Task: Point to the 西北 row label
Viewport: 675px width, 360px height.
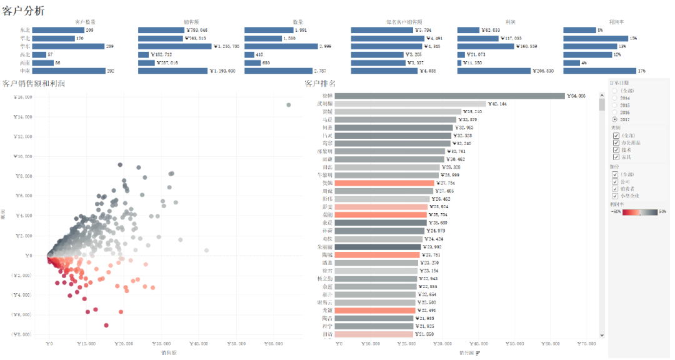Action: [x=25, y=54]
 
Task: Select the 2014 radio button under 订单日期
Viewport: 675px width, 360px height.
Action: [x=615, y=98]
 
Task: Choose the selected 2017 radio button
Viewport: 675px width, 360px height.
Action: [x=615, y=119]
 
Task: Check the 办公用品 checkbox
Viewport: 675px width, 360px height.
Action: [x=616, y=142]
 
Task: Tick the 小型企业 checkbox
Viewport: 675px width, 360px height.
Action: [x=616, y=196]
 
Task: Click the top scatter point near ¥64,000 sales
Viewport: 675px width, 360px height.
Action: [x=288, y=105]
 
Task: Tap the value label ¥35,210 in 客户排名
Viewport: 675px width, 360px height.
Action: [x=471, y=111]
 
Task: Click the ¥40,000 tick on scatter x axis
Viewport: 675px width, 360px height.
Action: [x=199, y=343]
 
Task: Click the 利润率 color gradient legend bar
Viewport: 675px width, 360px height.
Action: [x=637, y=211]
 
